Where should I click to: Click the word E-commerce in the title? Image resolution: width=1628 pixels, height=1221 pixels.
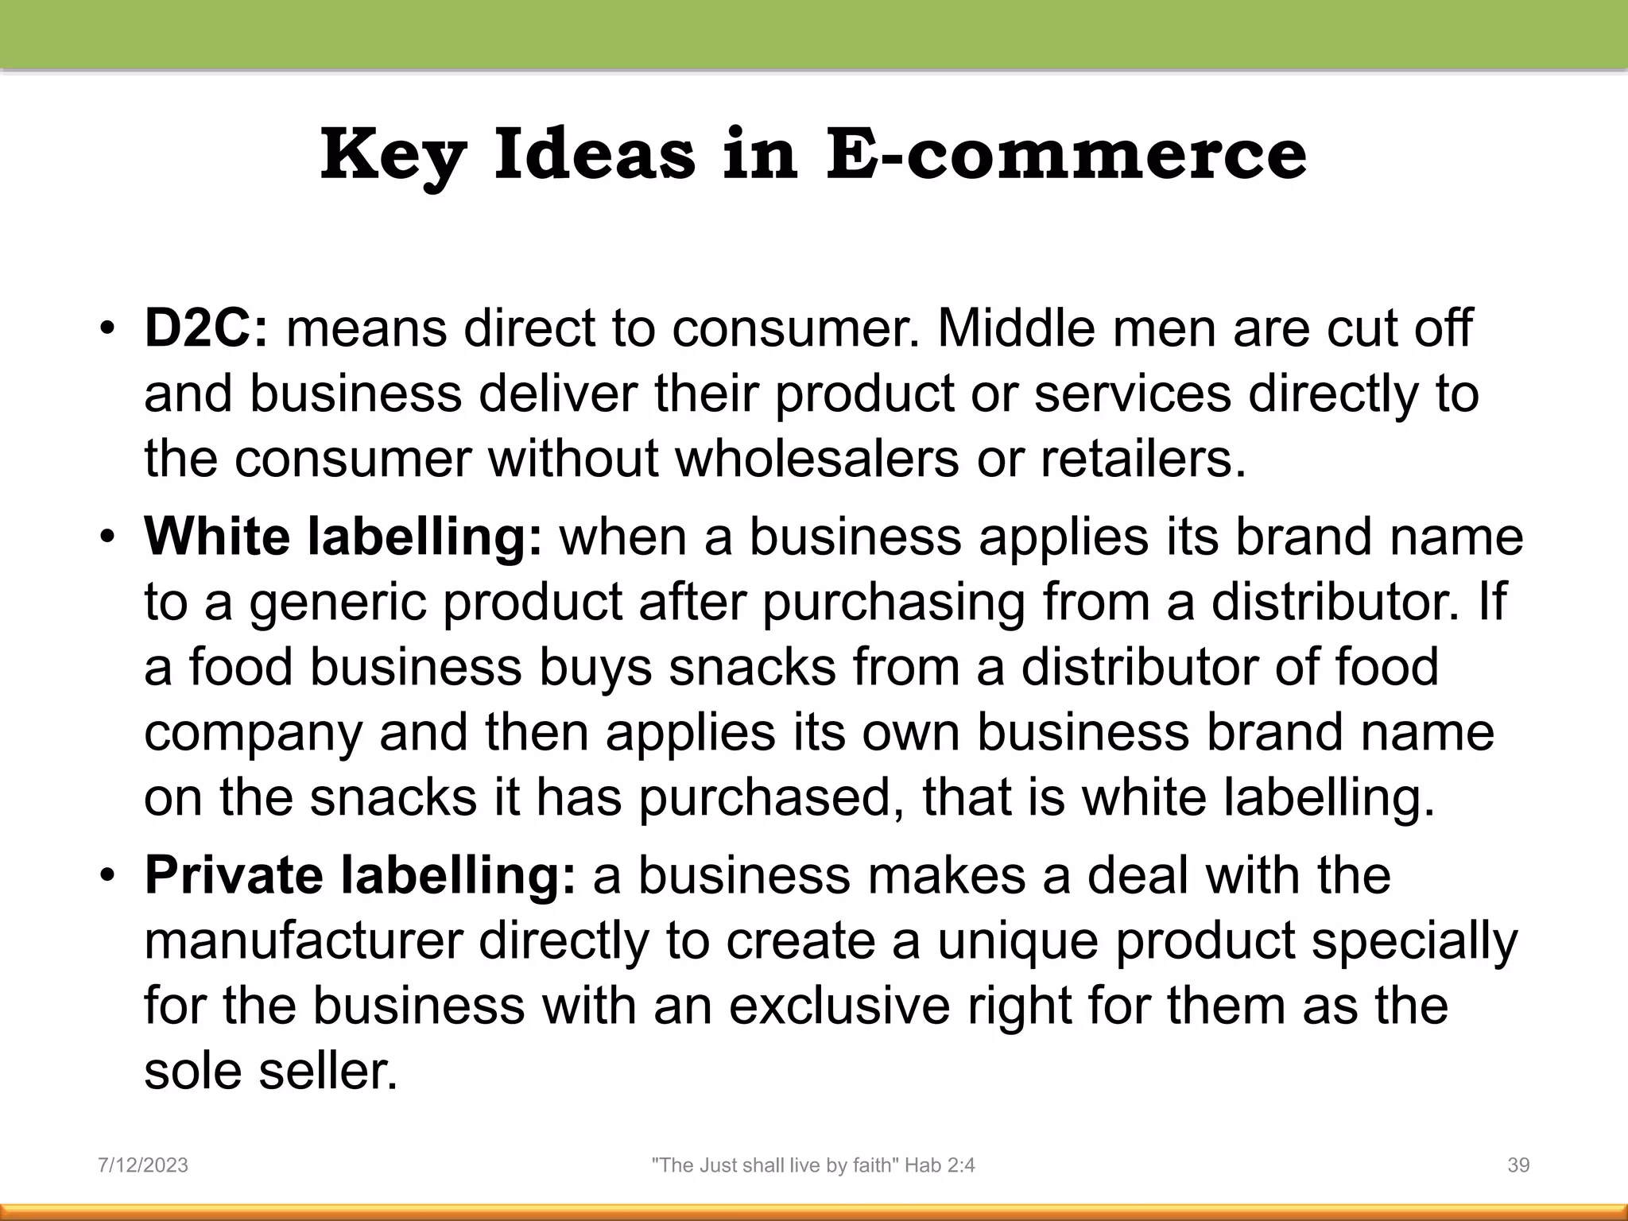pos(1066,154)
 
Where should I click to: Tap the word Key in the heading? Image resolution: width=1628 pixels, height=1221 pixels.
pos(393,154)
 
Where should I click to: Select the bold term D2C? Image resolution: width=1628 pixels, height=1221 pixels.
pos(206,328)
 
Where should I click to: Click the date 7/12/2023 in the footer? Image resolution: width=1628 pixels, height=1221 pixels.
pos(143,1165)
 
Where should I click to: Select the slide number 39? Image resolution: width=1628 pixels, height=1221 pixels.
pos(1518,1165)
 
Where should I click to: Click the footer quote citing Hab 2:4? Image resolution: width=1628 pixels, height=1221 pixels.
pos(813,1165)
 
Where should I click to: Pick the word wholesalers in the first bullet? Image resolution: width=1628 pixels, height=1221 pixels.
pos(817,459)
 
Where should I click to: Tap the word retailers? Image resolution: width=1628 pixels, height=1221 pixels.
pos(1143,459)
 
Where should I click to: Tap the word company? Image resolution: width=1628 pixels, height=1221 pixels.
pos(253,734)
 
